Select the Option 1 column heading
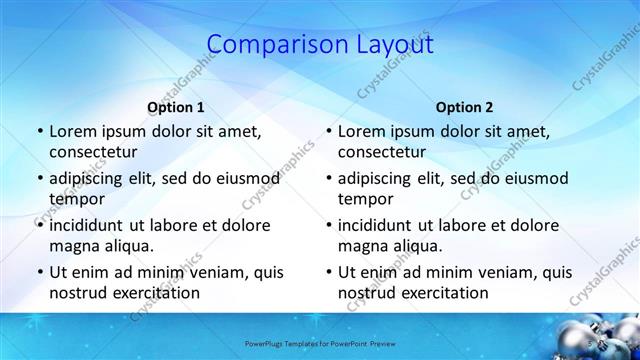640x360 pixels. [x=176, y=107]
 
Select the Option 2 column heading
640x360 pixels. [x=465, y=107]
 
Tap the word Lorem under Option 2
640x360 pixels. [x=360, y=131]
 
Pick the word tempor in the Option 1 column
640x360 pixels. [x=74, y=199]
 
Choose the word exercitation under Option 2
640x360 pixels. [x=446, y=293]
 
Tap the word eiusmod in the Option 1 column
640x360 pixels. [x=243, y=178]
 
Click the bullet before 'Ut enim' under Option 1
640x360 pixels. [x=39, y=272]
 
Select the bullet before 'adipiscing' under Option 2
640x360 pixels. [x=328, y=178]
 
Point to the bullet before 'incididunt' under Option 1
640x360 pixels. [x=39, y=225]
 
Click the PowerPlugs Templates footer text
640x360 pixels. [x=320, y=340]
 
